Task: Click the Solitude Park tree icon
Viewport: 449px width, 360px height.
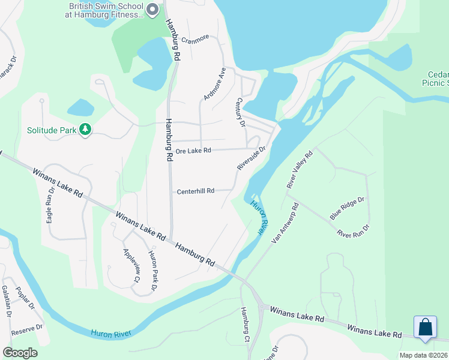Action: tap(85, 130)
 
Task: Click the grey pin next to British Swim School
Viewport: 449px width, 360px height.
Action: tap(152, 10)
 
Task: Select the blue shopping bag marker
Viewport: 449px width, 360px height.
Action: tap(426, 328)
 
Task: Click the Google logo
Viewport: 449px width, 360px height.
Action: tap(20, 352)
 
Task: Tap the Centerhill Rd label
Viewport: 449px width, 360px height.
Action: tap(196, 191)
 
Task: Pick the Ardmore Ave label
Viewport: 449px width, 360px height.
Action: tap(214, 83)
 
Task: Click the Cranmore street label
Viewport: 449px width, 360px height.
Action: tap(195, 38)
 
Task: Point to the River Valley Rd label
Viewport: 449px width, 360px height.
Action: tap(300, 170)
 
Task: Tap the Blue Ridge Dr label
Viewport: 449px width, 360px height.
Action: tap(347, 208)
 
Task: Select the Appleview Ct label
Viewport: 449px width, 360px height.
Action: tap(131, 265)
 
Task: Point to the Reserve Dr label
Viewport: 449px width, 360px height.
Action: tap(28, 329)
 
